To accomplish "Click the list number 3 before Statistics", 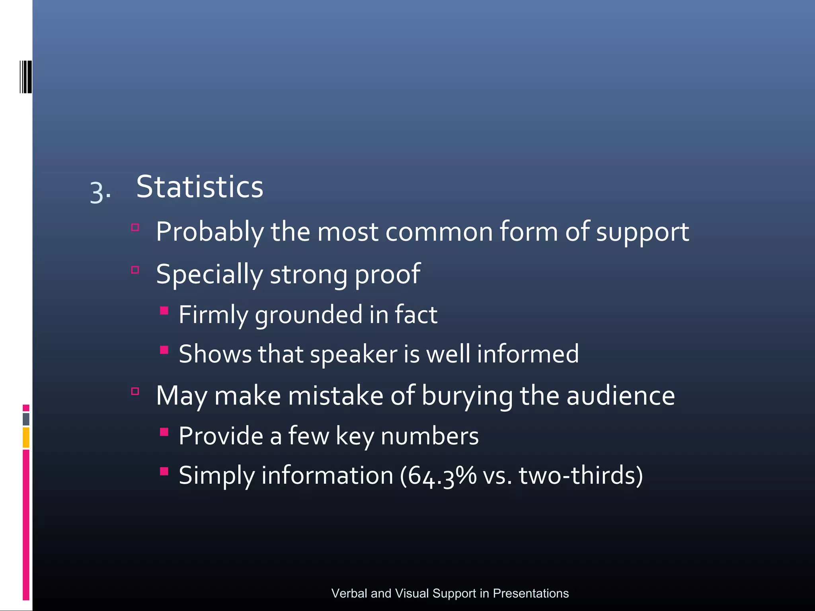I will coord(97,192).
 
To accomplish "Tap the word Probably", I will coord(210,232).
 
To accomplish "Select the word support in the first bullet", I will coord(642,233).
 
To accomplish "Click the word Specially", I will coord(209,274).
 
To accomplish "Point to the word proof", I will coord(387,274).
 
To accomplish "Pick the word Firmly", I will coord(213,315).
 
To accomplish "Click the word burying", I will coord(467,396).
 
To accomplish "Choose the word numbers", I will coord(429,436).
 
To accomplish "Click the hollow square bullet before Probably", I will coord(135,228).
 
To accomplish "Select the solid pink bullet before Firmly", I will coord(164,310).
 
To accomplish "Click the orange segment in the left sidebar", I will coord(26,437).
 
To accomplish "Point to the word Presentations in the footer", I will coord(530,593).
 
